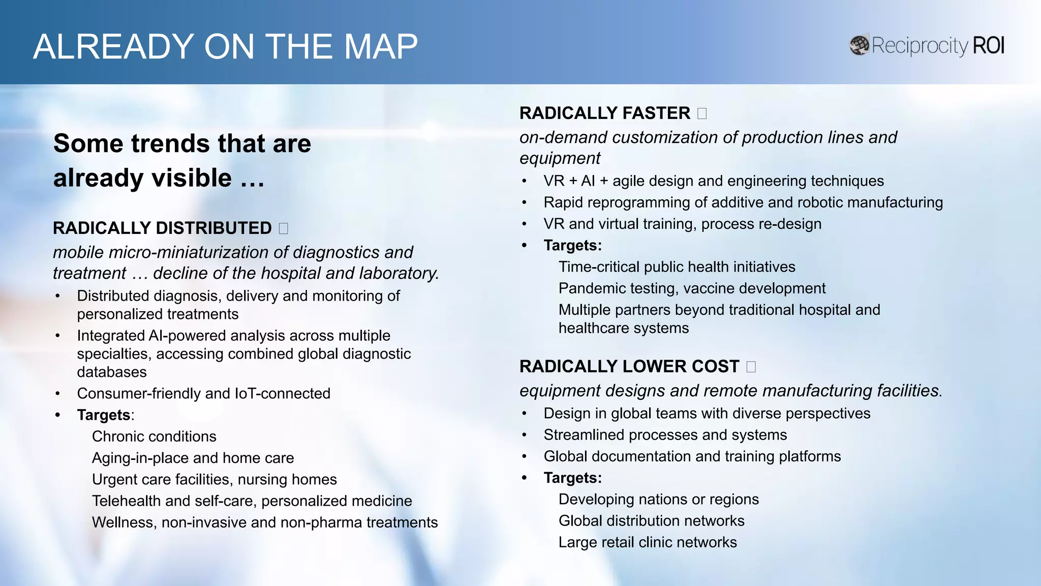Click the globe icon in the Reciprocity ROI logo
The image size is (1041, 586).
coord(860,45)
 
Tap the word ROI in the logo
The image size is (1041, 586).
coord(988,45)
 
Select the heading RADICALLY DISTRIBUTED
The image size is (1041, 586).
coord(162,228)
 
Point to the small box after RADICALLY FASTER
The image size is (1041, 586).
coord(702,113)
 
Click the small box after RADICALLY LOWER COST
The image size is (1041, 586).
coord(751,367)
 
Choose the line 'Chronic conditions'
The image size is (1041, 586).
coord(154,436)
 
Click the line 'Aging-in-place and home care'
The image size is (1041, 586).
coord(193,458)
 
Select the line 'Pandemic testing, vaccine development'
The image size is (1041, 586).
coord(692,288)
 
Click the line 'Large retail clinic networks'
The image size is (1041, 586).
coord(648,542)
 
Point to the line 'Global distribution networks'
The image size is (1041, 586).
coord(651,521)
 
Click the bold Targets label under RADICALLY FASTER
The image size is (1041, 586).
coord(572,246)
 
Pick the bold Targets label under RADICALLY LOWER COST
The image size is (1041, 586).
coord(572,478)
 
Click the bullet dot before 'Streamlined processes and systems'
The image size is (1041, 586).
coord(524,435)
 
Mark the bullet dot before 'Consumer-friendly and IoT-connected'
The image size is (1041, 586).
coord(58,394)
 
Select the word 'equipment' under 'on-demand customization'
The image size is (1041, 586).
coord(559,158)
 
